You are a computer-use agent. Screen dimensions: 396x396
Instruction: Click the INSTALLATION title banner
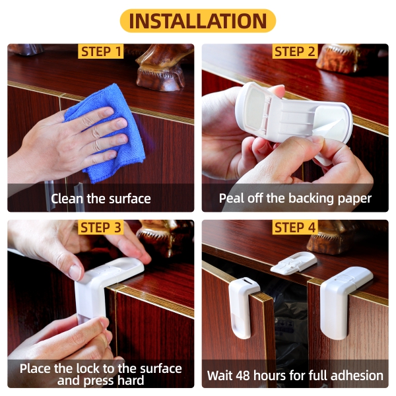198,20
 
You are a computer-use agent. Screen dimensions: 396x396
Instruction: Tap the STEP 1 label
101,51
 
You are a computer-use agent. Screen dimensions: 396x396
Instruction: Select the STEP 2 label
295,51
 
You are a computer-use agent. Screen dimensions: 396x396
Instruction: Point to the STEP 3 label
101,227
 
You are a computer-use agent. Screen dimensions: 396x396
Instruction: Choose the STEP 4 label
295,227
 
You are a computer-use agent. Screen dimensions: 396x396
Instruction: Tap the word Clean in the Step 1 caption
67,199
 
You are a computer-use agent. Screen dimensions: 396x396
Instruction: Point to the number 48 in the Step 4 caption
244,376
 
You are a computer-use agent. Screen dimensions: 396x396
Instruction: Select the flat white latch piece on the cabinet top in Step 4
294,263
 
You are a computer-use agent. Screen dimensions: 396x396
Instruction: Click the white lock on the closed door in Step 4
343,300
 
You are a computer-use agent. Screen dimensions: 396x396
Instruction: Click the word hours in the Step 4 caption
270,376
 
